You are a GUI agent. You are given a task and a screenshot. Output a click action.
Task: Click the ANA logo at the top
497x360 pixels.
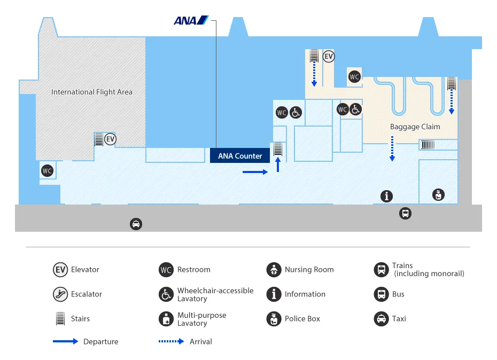click(191, 20)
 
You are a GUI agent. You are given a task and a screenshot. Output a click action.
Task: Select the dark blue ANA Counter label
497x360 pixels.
click(240, 156)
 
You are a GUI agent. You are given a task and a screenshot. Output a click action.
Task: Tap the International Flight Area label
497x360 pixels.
click(91, 92)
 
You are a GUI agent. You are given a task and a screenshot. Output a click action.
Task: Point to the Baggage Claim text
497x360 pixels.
click(415, 127)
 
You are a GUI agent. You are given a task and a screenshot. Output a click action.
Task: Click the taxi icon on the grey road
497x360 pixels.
click(136, 224)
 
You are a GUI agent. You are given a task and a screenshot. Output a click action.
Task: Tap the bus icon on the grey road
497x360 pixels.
click(405, 214)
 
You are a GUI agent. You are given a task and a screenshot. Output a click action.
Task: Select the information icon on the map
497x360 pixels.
click(386, 196)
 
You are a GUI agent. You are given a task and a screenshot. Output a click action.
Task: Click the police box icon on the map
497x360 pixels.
click(438, 194)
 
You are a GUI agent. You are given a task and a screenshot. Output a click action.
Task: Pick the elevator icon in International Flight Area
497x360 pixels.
click(110, 139)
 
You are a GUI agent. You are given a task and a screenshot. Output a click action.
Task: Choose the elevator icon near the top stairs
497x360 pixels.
click(329, 56)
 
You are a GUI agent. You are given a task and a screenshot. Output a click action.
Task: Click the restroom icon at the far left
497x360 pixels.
click(47, 171)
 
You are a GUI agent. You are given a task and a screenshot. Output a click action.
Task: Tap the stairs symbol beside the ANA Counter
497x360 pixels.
click(278, 149)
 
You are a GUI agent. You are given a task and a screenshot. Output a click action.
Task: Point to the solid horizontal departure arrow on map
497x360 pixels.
click(255, 172)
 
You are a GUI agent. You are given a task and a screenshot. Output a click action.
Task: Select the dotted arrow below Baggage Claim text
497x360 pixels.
click(392, 148)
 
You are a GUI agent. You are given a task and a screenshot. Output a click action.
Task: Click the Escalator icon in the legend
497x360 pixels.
click(60, 294)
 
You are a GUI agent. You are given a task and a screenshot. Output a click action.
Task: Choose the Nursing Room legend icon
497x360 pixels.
click(274, 270)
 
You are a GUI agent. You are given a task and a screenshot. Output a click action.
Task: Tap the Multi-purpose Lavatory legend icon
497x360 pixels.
click(166, 319)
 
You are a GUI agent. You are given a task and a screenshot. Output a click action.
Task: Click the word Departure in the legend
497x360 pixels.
click(101, 342)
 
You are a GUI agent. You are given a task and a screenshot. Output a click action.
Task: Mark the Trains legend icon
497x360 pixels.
click(381, 270)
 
